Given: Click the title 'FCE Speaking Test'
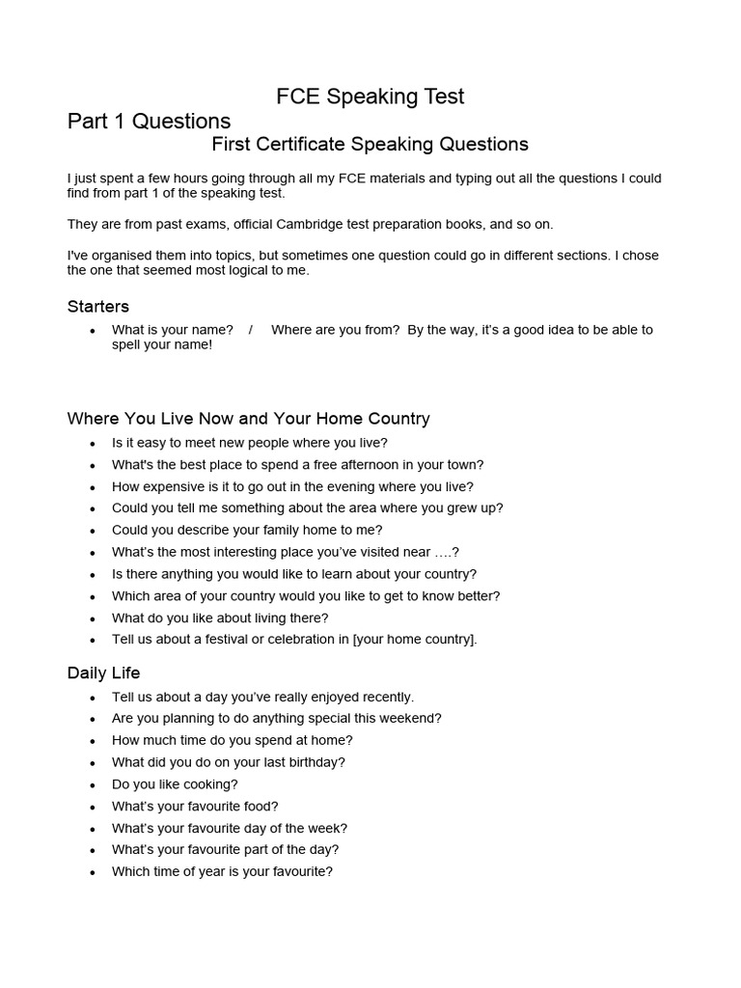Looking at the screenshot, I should [x=370, y=96].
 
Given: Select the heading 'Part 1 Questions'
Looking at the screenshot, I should [x=149, y=122].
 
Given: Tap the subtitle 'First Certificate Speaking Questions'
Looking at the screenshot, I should [x=370, y=145].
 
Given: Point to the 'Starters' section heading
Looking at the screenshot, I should [x=97, y=307].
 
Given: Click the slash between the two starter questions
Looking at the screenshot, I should [x=251, y=330].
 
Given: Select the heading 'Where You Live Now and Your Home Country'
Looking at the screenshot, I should [x=248, y=419].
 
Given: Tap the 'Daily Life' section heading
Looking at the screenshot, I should [x=103, y=672].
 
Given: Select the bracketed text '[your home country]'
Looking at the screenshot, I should [x=415, y=640].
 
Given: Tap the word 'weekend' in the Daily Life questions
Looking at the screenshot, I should [x=413, y=719].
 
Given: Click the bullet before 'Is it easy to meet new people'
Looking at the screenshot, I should [x=92, y=444].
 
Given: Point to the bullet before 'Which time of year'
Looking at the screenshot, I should [x=92, y=872].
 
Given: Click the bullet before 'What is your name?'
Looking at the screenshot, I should [x=92, y=331].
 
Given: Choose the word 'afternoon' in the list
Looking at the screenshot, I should [x=362, y=465].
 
